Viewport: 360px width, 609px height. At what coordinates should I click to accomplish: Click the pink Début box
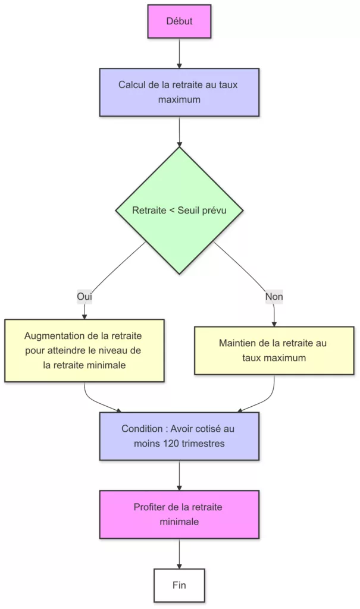[x=179, y=21]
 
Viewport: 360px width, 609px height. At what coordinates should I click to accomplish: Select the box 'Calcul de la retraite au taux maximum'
[x=179, y=92]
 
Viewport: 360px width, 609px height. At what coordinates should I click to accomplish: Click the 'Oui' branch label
[x=84, y=296]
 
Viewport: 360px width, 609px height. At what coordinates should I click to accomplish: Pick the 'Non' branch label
[x=274, y=296]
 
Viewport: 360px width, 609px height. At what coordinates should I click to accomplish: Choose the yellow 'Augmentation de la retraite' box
[x=84, y=350]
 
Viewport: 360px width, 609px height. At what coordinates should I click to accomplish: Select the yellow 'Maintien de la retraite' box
[x=274, y=350]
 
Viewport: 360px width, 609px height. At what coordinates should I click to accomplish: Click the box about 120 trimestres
[x=179, y=436]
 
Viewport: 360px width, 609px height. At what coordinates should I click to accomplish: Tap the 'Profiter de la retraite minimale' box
[x=179, y=514]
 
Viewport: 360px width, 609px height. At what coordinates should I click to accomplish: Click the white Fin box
[x=179, y=585]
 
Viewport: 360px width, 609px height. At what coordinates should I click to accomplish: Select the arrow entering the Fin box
[x=179, y=553]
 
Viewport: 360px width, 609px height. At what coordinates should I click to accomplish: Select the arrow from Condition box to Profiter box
[x=179, y=475]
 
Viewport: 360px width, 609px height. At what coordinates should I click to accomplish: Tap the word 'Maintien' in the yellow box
[x=237, y=343]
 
